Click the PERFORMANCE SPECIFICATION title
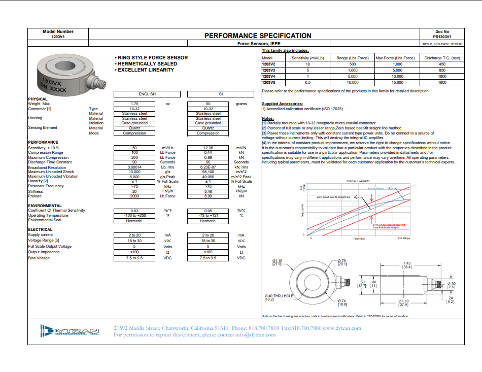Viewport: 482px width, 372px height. [x=258, y=36]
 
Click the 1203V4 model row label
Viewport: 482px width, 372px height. [x=268, y=76]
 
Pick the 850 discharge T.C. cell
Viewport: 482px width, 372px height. [x=442, y=70]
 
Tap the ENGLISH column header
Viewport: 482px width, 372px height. [x=147, y=94]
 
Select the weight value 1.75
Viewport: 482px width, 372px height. [x=134, y=104]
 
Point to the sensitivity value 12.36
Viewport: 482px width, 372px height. [x=208, y=147]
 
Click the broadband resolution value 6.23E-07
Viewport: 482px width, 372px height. [x=208, y=167]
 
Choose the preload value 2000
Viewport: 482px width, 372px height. [x=134, y=196]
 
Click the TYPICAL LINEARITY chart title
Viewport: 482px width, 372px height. [x=358, y=181]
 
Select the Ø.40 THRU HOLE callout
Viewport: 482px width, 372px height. [x=279, y=296]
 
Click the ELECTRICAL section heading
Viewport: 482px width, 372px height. [x=40, y=229]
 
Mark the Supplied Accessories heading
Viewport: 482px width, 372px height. [x=282, y=104]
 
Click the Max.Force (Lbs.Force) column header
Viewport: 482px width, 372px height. [x=395, y=58]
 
